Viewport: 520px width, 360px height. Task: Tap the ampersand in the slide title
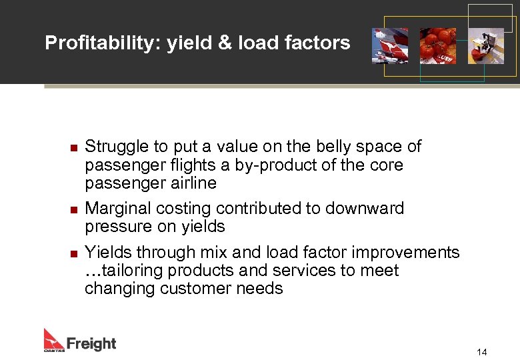tap(226, 43)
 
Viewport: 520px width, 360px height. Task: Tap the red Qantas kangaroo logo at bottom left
tap(53, 340)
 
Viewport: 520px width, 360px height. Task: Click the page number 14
tap(482, 351)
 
